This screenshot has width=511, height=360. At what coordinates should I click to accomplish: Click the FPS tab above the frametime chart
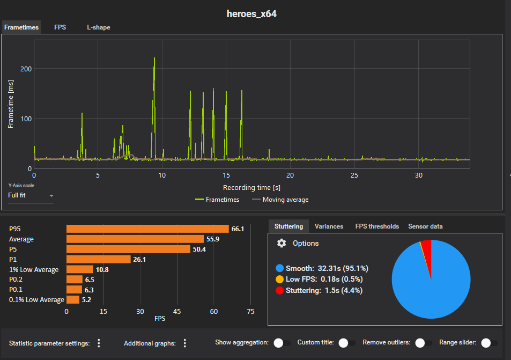(60, 27)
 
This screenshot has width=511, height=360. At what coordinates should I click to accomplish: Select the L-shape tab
(99, 27)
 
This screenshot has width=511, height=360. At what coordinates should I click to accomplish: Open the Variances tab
(329, 226)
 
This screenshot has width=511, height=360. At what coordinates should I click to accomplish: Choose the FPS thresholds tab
(377, 226)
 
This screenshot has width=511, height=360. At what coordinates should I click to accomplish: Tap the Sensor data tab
(425, 226)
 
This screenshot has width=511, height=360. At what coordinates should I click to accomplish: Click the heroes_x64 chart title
(251, 14)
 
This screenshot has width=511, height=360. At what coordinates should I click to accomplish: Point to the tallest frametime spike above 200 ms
(154, 58)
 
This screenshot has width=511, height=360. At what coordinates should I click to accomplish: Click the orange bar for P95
(147, 229)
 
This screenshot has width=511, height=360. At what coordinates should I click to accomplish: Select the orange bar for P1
(99, 259)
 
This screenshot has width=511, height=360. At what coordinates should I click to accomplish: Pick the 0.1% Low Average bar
(73, 300)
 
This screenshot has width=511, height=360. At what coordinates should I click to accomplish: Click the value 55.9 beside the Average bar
(213, 239)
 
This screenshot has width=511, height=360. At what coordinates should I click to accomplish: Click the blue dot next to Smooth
(279, 268)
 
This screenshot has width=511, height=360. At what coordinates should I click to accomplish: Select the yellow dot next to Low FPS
(279, 279)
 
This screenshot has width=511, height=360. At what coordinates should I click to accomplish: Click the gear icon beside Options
(282, 243)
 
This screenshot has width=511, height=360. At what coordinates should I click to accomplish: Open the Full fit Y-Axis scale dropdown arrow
(51, 196)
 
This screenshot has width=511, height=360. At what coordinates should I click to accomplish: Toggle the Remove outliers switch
(423, 343)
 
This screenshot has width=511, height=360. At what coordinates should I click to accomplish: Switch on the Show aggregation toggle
(282, 343)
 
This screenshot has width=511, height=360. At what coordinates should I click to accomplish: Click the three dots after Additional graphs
(185, 343)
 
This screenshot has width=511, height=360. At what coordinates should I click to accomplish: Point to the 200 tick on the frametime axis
(26, 69)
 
